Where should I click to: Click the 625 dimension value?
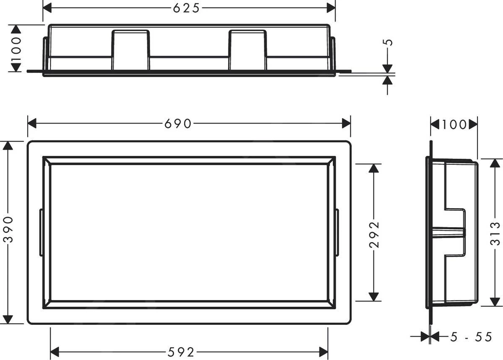pos(187,8)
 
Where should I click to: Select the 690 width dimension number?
pos(178,124)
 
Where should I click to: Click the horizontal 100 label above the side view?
pos(454,124)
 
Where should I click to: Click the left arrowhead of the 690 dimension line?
pos(32,124)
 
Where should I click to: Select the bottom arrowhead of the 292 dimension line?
pos(374,296)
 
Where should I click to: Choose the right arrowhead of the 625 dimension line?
pos(331,8)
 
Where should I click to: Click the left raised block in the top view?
pos(130,50)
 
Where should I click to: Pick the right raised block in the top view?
pos(247,50)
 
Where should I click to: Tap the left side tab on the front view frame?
pos(41,232)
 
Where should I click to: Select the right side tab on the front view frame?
pos(337,232)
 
